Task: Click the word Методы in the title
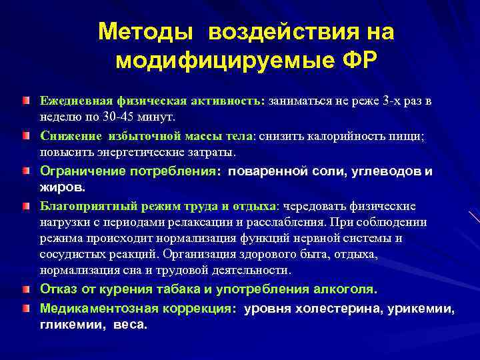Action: (x=147, y=32)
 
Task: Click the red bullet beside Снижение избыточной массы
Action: (x=25, y=135)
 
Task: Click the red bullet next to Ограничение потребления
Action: (x=25, y=171)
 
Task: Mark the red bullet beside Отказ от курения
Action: (x=25, y=289)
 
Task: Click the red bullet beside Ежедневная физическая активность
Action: (x=25, y=100)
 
